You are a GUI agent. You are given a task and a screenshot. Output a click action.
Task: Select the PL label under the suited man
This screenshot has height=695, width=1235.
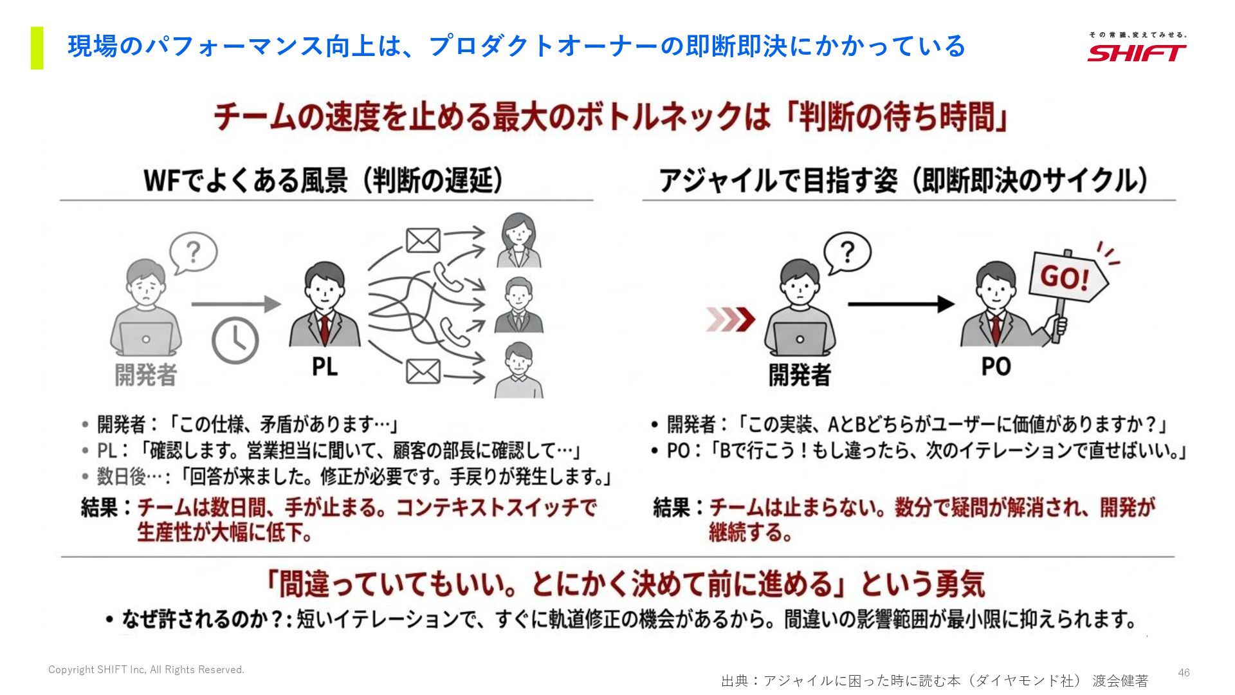[324, 367]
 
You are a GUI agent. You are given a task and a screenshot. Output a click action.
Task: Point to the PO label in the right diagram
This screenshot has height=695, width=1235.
[996, 367]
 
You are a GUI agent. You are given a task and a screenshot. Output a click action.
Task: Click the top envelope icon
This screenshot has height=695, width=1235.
[423, 241]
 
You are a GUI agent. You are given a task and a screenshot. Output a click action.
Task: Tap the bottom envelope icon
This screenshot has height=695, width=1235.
[423, 371]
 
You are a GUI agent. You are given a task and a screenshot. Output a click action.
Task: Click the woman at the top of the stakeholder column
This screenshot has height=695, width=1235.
[519, 240]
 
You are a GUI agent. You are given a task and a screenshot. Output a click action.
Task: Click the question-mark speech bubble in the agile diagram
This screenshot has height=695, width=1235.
[847, 253]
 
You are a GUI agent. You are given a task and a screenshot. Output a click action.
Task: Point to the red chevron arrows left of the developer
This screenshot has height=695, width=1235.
[731, 319]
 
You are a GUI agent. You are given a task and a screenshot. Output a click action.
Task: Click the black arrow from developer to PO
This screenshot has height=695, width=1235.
[901, 304]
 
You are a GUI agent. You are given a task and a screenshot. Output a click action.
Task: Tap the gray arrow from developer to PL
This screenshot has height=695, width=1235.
[235, 304]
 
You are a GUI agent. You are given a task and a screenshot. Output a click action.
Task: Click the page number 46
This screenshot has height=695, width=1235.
[1184, 672]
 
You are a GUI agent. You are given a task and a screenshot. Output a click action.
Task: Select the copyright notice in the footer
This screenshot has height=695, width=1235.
[146, 670]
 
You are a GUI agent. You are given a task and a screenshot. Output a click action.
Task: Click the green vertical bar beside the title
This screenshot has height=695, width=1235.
[37, 48]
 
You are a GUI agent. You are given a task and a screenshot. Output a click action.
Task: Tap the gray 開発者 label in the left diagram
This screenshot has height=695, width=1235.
[146, 375]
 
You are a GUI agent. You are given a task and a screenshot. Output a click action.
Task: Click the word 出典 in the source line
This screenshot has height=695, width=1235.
[735, 681]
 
